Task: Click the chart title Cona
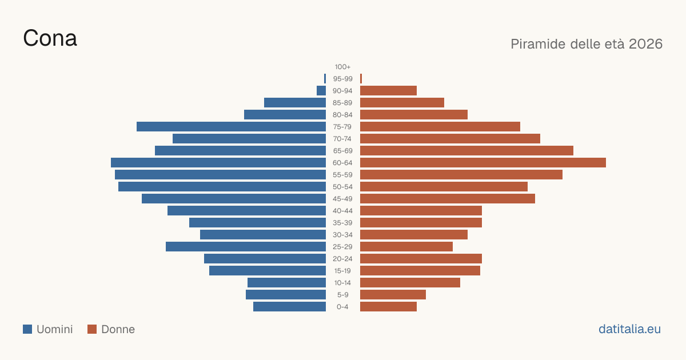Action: click(50, 38)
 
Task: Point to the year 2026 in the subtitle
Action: click(645, 44)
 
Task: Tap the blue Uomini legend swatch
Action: click(27, 329)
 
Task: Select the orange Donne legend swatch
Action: click(92, 329)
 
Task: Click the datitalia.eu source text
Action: click(629, 329)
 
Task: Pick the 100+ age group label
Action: click(342, 67)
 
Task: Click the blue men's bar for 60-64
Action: click(218, 162)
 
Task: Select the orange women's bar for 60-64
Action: click(483, 162)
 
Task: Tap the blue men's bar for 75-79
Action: click(231, 127)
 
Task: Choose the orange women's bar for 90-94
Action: click(388, 91)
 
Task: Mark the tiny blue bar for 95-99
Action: click(325, 79)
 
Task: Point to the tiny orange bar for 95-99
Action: click(361, 79)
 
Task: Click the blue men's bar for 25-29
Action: click(246, 247)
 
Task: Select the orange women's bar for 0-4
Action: click(388, 307)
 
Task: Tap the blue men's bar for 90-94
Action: click(321, 91)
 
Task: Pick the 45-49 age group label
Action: click(342, 199)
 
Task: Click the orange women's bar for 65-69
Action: click(466, 151)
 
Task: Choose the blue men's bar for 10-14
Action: click(286, 282)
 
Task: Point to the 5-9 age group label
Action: click(342, 295)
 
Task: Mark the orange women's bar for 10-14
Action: click(410, 282)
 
